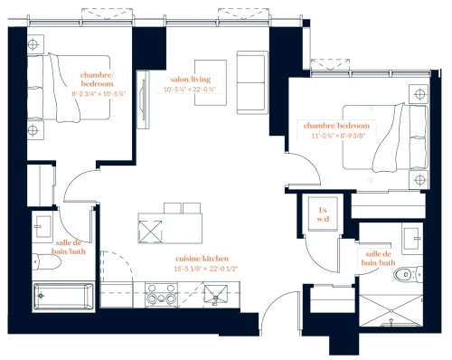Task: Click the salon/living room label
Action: (x=190, y=80)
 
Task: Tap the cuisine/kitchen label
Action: (x=202, y=259)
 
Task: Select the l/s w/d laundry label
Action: (x=323, y=214)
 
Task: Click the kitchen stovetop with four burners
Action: (x=161, y=295)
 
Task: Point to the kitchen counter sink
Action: (x=216, y=294)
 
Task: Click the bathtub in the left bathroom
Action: (x=63, y=296)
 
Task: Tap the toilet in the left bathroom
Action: (x=46, y=261)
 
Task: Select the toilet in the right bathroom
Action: (x=409, y=274)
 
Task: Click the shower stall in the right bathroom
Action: (x=391, y=310)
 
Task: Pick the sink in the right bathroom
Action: (x=412, y=238)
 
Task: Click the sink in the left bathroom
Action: (x=42, y=227)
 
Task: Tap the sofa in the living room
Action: (x=252, y=82)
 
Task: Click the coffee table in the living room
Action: (x=211, y=82)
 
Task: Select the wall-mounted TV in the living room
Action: (x=144, y=99)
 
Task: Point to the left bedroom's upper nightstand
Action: (x=35, y=44)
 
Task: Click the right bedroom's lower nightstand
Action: (x=419, y=180)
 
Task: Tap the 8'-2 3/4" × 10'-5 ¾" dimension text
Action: (x=99, y=94)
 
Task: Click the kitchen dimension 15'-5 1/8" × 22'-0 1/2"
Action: (x=206, y=269)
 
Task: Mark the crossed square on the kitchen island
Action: (x=150, y=232)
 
